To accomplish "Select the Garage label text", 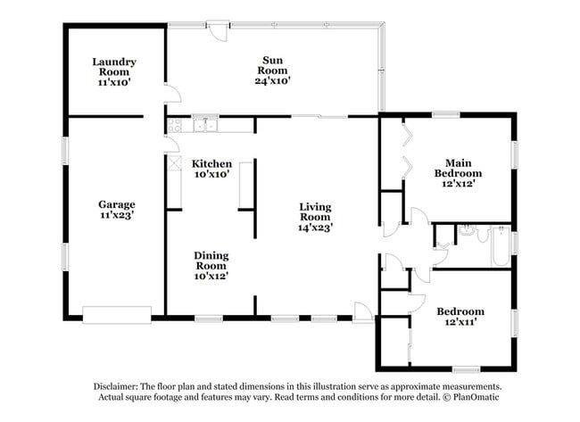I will (117, 204).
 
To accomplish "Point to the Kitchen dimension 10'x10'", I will (211, 175).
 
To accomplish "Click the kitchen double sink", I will (205, 125).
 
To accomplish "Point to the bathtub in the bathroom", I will (501, 246).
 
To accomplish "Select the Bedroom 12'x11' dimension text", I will (460, 323).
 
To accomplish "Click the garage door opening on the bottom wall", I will (116, 313).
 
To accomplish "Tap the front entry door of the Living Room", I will (362, 312).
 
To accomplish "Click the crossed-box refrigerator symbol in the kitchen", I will (172, 165).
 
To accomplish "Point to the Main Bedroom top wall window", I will (445, 114).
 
